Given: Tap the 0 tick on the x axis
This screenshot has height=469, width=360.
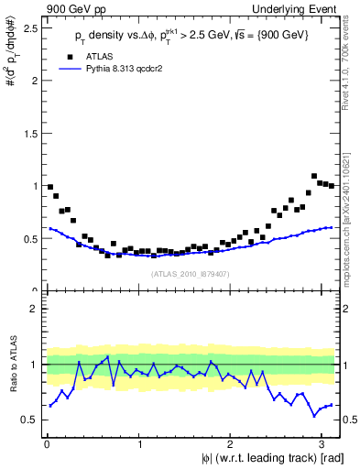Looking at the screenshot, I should coord(47,446).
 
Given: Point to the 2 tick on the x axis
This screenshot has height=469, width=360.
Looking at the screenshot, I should coord(231,446).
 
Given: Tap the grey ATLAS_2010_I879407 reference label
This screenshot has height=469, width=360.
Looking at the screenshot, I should coord(191,274).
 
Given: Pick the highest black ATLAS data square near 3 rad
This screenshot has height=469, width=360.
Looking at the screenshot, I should coord(314,176).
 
